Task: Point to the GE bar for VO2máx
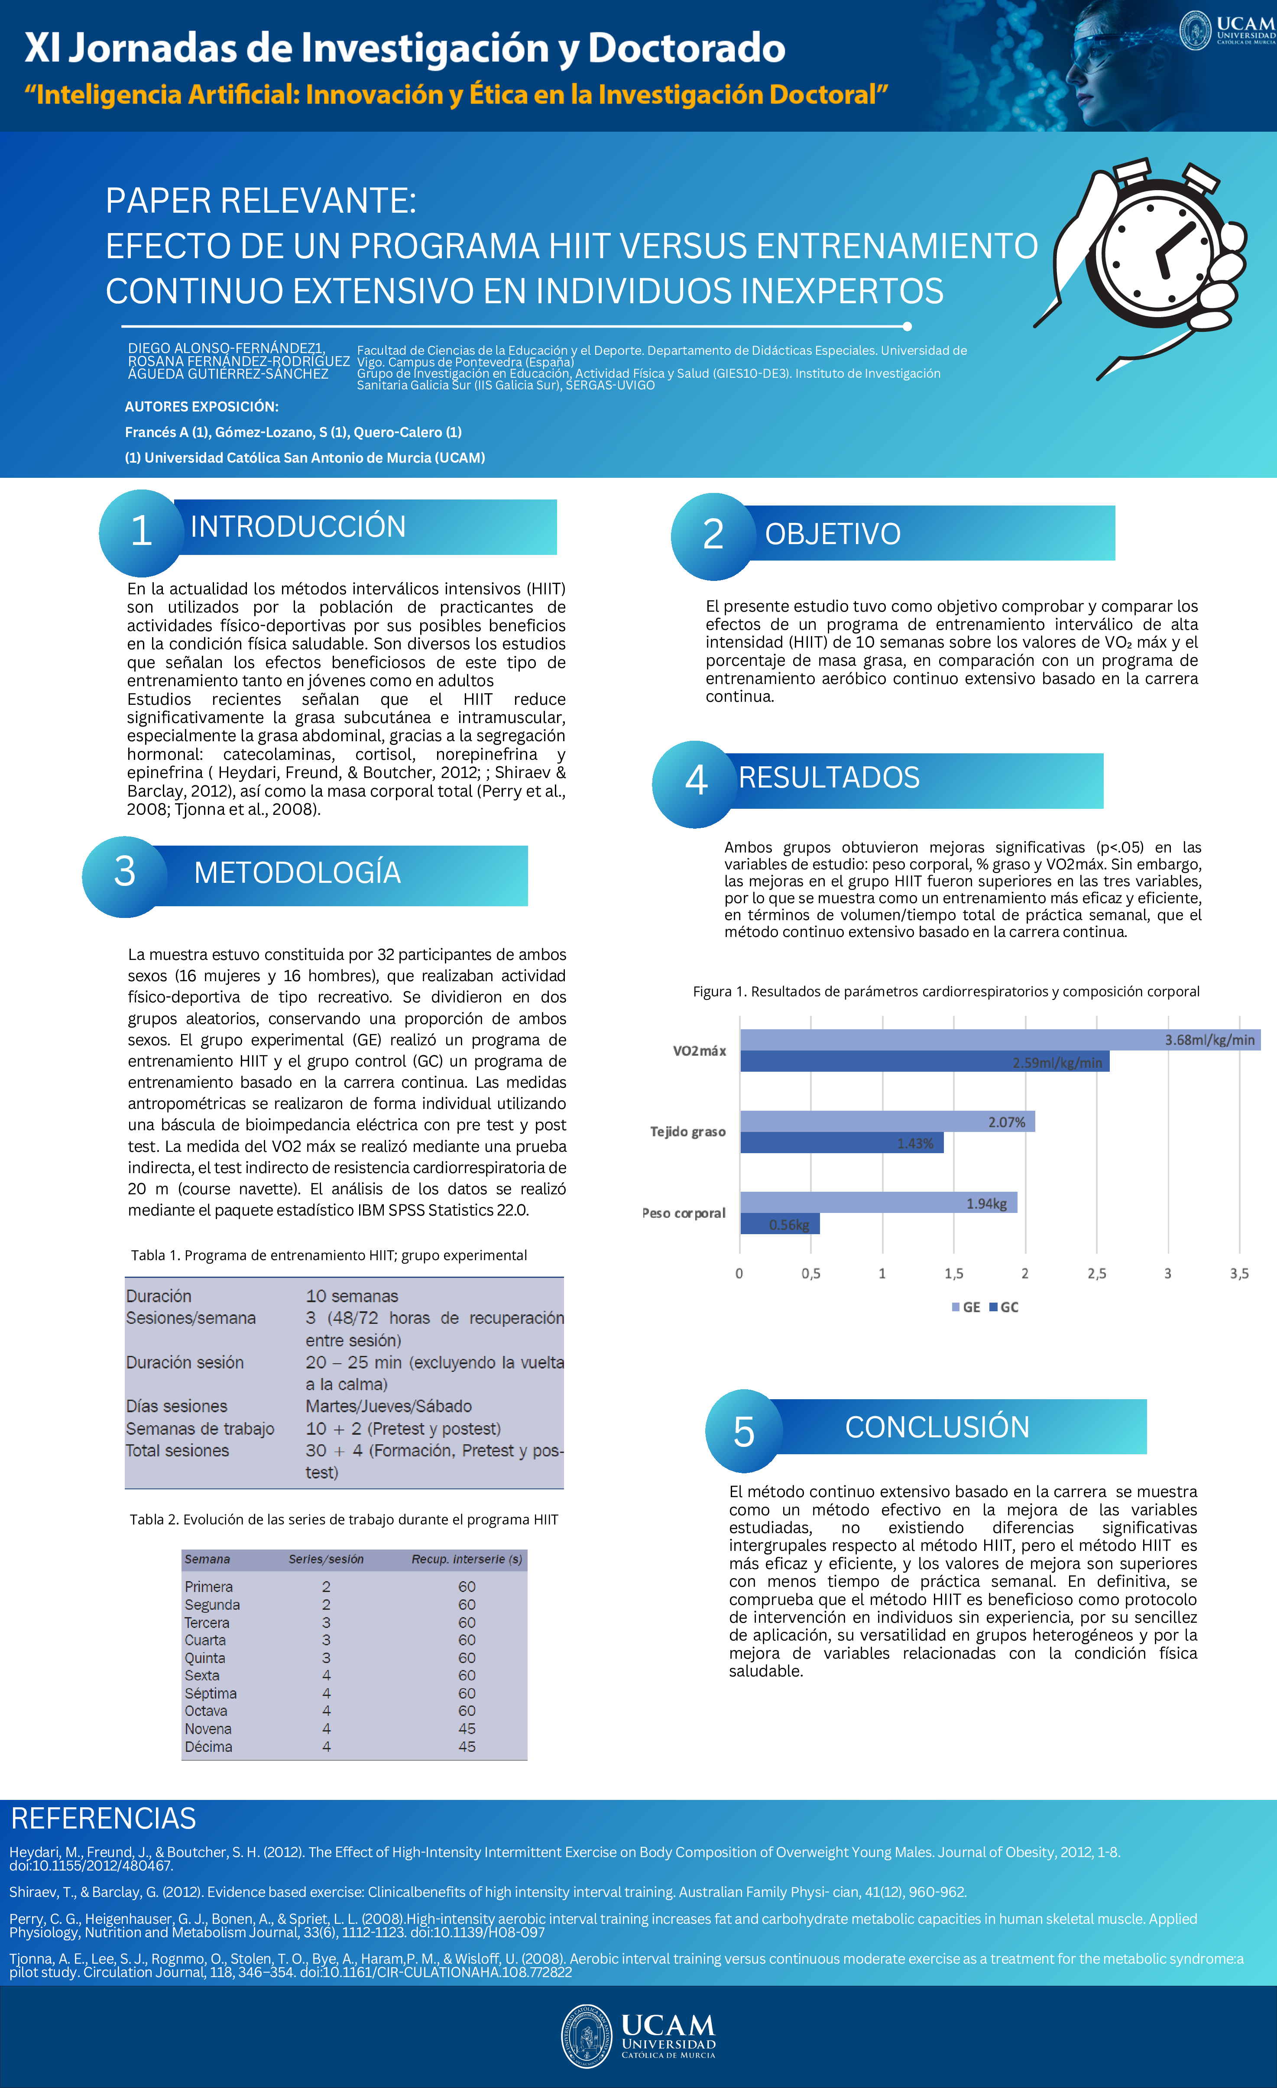[1000, 1040]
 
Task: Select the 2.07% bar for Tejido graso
[887, 1122]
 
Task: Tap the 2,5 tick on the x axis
[1096, 1274]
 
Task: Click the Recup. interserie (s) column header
[466, 1559]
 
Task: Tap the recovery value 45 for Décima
[467, 1747]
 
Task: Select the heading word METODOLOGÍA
[297, 873]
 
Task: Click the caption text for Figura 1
[946, 992]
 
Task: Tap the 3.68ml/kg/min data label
[1209, 1040]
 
